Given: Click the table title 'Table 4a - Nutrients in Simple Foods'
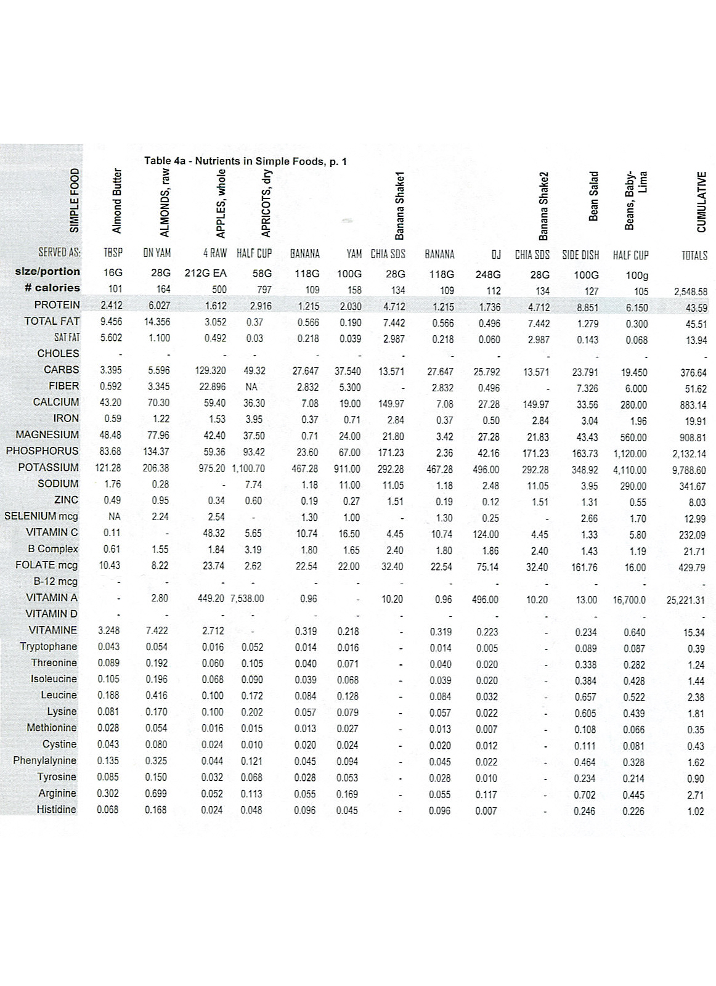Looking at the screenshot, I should [x=245, y=161].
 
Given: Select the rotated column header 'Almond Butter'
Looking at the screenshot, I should [x=116, y=201].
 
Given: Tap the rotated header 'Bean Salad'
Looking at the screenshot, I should [x=594, y=196].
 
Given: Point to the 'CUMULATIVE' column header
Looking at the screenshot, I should [x=701, y=202].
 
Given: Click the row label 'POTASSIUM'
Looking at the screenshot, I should [x=49, y=467].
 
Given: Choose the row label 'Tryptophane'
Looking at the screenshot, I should [x=49, y=646].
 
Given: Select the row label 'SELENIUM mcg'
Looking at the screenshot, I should [x=41, y=516].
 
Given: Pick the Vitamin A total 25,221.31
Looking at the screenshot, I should [x=686, y=600].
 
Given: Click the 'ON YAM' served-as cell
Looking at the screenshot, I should [x=157, y=253].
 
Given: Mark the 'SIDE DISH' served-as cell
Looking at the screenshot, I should [x=580, y=255].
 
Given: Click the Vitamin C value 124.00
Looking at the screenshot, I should [x=486, y=534].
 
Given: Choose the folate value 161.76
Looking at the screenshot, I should [x=584, y=567].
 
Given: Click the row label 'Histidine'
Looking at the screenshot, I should [x=57, y=809].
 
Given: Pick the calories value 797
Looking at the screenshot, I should [x=264, y=290].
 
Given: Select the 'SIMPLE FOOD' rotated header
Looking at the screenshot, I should [x=75, y=201].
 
